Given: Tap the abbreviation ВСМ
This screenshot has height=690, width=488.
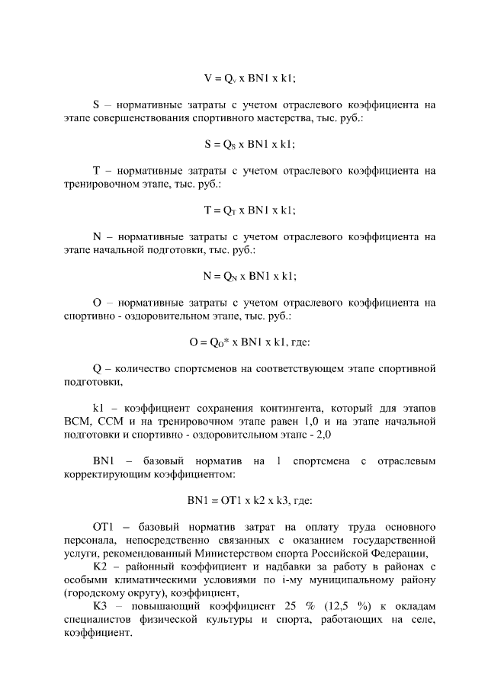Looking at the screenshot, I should click(76, 420).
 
